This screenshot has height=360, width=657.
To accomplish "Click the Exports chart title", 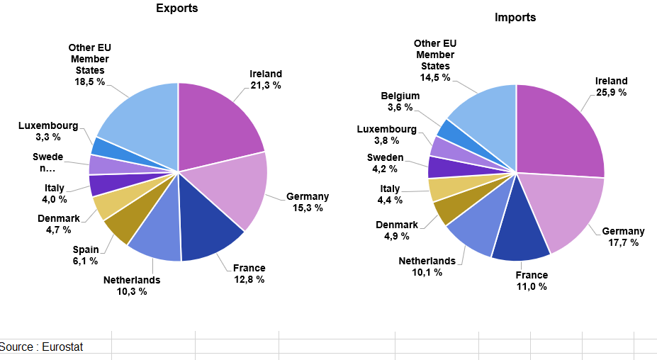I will tap(177, 9).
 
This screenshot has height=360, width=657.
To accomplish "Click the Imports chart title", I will tap(515, 17).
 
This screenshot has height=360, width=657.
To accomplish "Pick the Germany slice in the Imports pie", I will tap(563, 209).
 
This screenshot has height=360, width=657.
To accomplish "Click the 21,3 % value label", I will tap(266, 85).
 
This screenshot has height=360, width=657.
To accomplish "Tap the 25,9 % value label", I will tap(611, 92).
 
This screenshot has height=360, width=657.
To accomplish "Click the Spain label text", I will tap(86, 249).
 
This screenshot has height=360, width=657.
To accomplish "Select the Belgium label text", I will tap(400, 96).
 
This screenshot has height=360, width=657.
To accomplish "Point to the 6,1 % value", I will tap(86, 261).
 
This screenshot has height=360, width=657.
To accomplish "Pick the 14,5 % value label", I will tap(434, 77).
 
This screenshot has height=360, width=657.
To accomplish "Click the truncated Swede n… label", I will tap(48, 162).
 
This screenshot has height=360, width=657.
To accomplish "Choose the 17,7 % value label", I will tap(623, 242).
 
